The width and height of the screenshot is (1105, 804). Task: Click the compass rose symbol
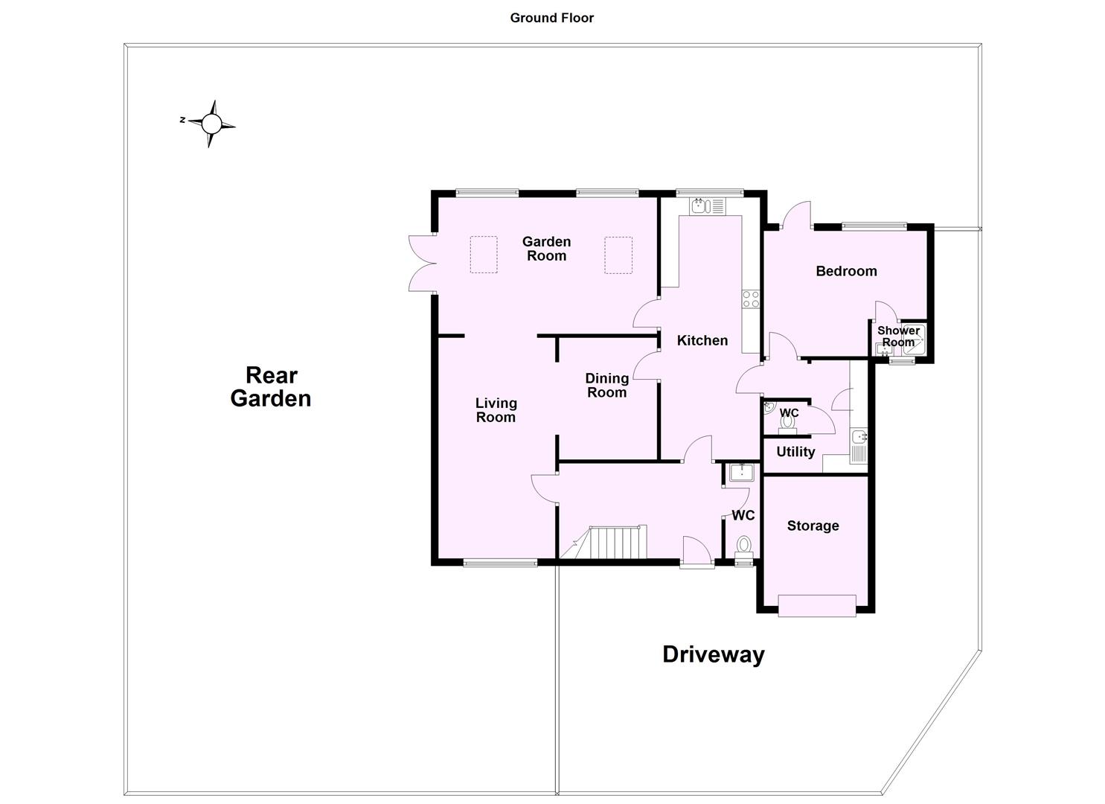tap(211, 124)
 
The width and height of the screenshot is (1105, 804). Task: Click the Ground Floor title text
tap(551, 18)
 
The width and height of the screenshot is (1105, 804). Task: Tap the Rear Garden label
tap(271, 387)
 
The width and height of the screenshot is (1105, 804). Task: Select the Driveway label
tap(713, 654)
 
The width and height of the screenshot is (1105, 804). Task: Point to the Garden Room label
tap(546, 249)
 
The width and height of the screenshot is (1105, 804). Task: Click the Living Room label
tap(496, 410)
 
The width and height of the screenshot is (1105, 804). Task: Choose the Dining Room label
tap(606, 386)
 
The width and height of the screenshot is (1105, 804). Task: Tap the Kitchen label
tap(702, 340)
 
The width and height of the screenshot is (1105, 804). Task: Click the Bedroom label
tap(846, 271)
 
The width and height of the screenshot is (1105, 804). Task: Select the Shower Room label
tap(898, 336)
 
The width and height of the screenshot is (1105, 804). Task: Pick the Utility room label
tap(795, 452)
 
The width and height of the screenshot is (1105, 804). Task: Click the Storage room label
tap(813, 526)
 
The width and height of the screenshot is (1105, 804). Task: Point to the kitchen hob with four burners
tap(750, 299)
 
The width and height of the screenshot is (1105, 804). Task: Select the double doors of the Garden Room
tap(421, 262)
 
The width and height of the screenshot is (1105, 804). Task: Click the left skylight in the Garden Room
tap(483, 255)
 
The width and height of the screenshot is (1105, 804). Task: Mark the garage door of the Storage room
tap(816, 605)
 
